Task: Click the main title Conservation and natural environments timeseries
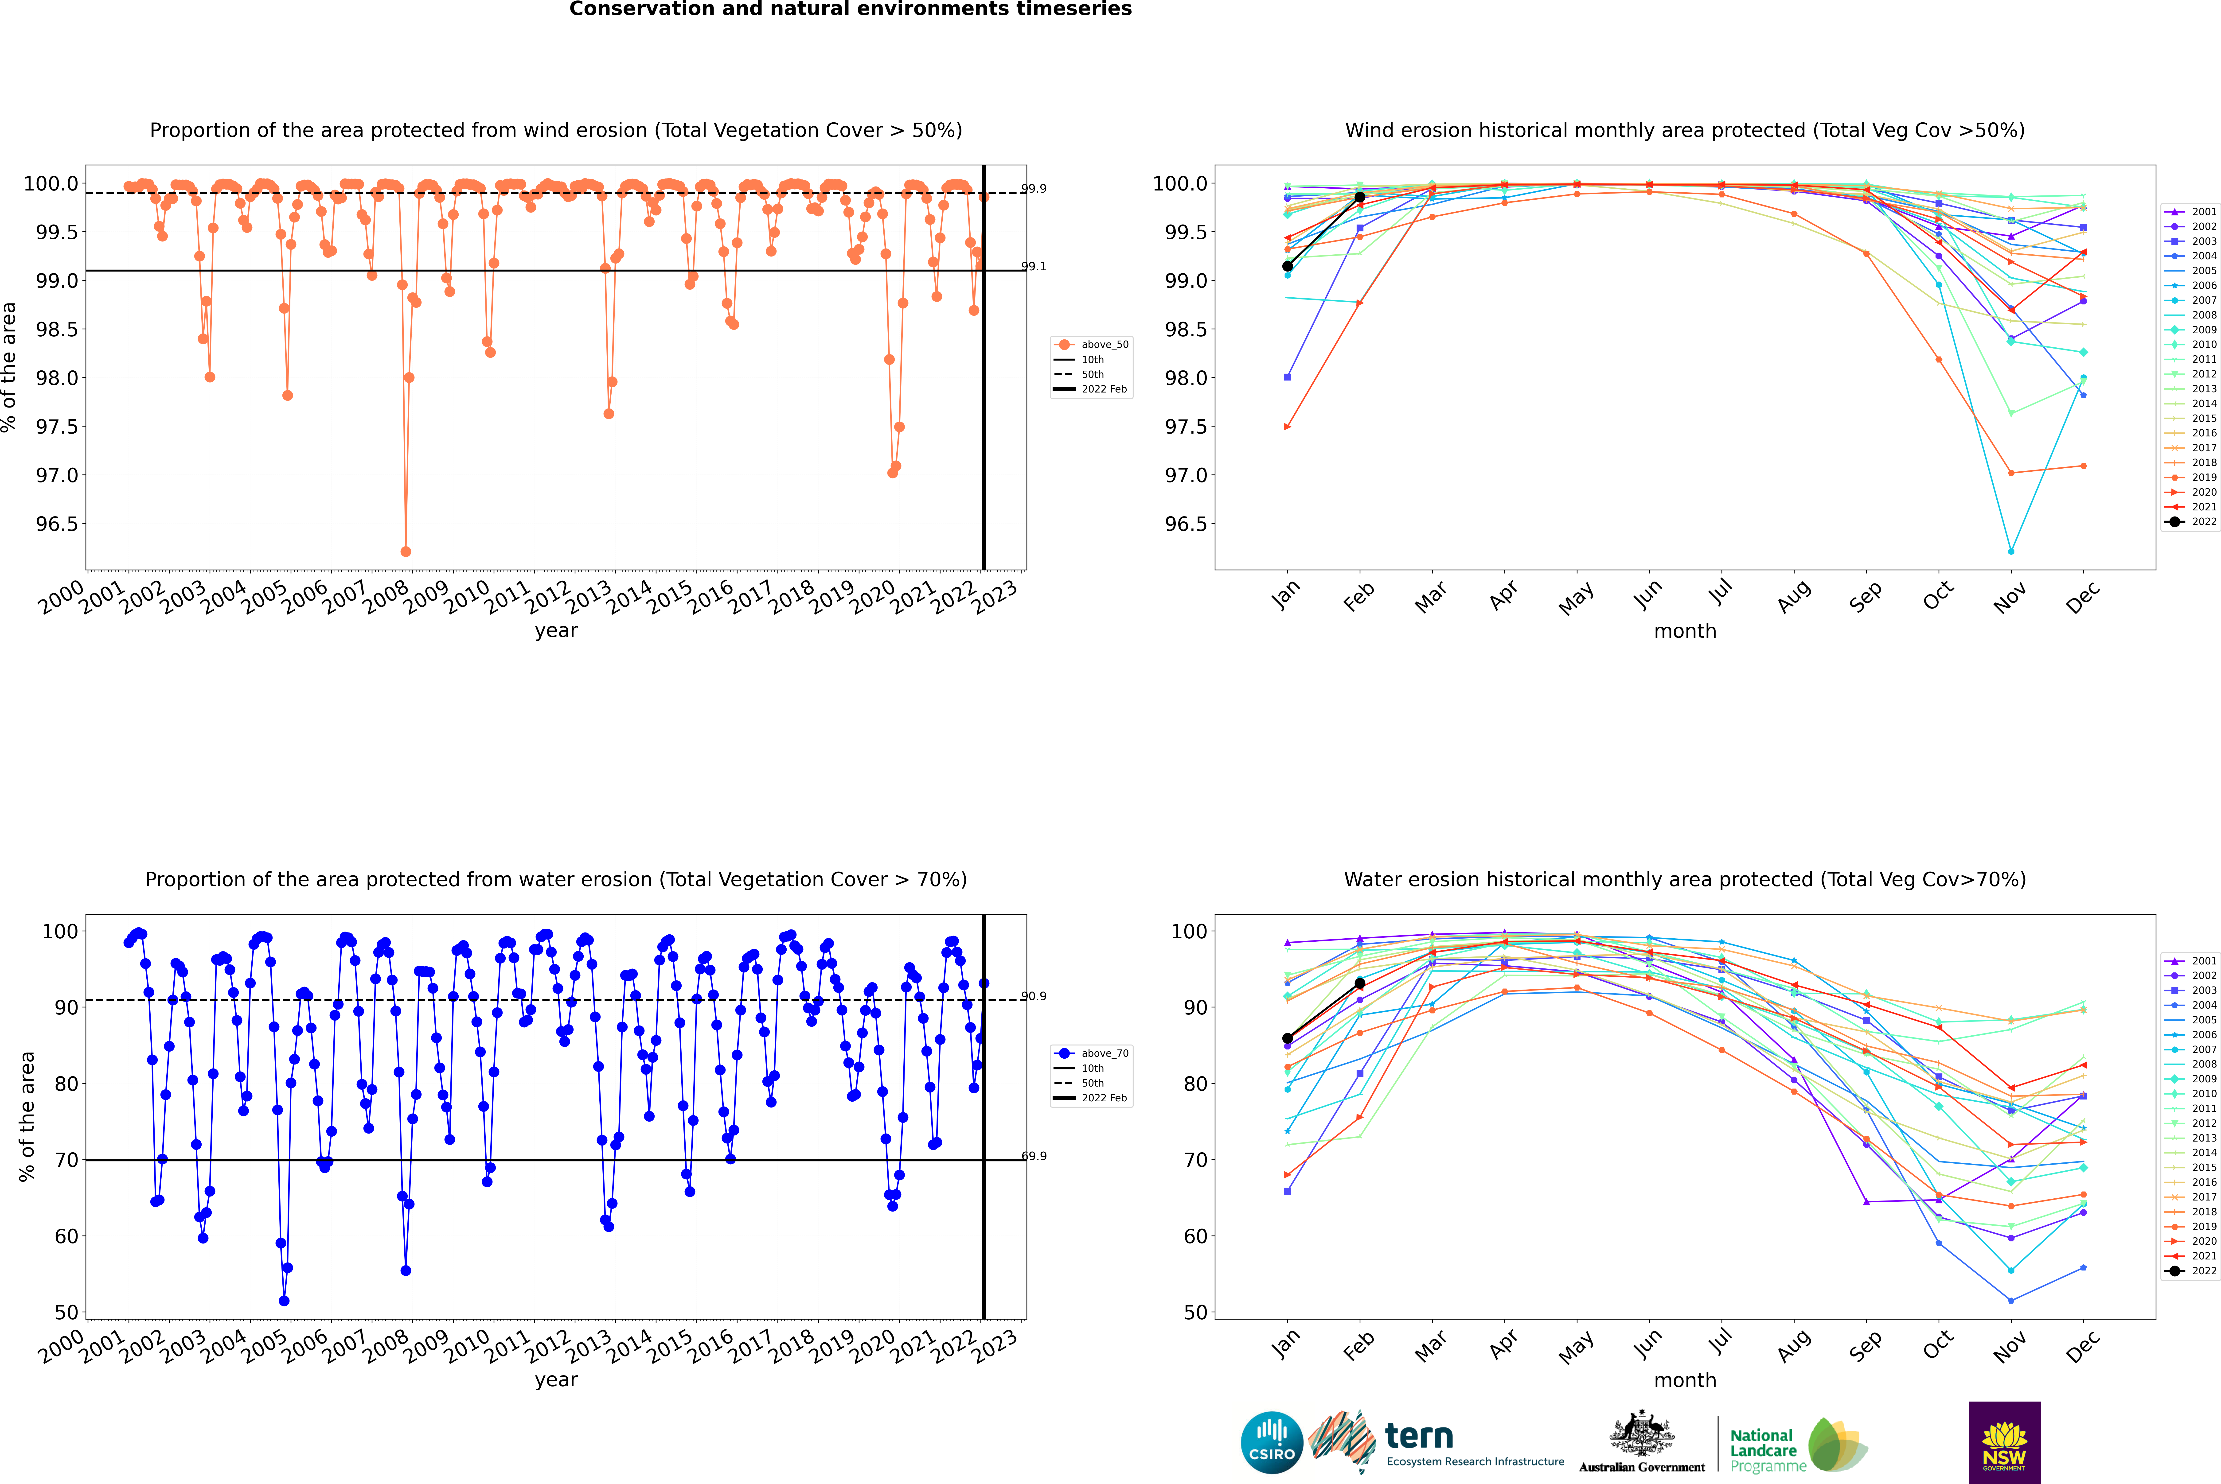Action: point(850,9)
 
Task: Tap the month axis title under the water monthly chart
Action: point(1684,1380)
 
